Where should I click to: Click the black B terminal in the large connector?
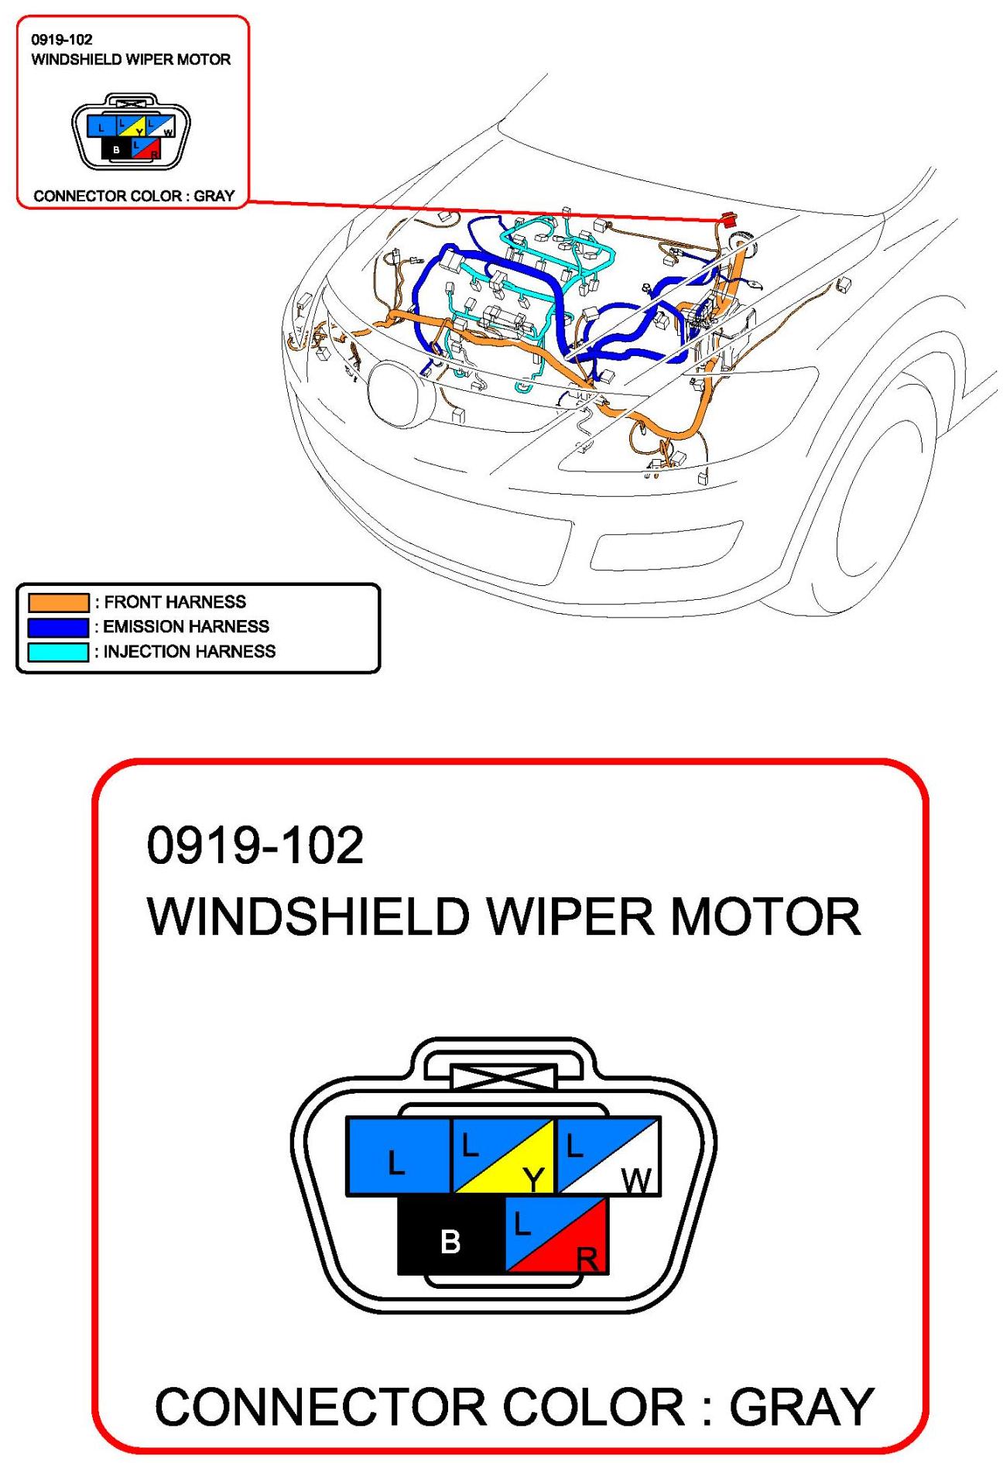(x=451, y=1234)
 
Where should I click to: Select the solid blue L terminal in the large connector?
(x=399, y=1156)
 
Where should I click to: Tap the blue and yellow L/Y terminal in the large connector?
(x=503, y=1156)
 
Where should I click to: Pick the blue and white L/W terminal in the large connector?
(x=608, y=1156)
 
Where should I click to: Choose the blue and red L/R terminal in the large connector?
(x=556, y=1234)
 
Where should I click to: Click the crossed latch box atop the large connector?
(x=503, y=1078)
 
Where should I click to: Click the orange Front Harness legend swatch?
(x=59, y=602)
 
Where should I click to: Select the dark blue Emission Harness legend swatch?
(x=59, y=627)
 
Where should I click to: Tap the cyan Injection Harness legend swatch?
(x=59, y=652)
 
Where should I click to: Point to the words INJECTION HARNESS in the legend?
(x=190, y=652)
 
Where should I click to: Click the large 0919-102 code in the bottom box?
(x=255, y=845)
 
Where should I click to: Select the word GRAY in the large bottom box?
(x=802, y=1406)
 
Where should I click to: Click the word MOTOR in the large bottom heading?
(x=765, y=917)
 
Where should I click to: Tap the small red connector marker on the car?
(x=727, y=218)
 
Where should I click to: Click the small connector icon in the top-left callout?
(x=131, y=132)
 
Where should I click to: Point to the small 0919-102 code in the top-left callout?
(x=62, y=39)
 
